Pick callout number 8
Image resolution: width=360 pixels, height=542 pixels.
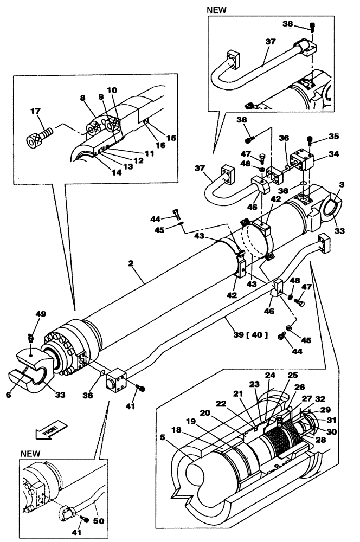tap(82, 99)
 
